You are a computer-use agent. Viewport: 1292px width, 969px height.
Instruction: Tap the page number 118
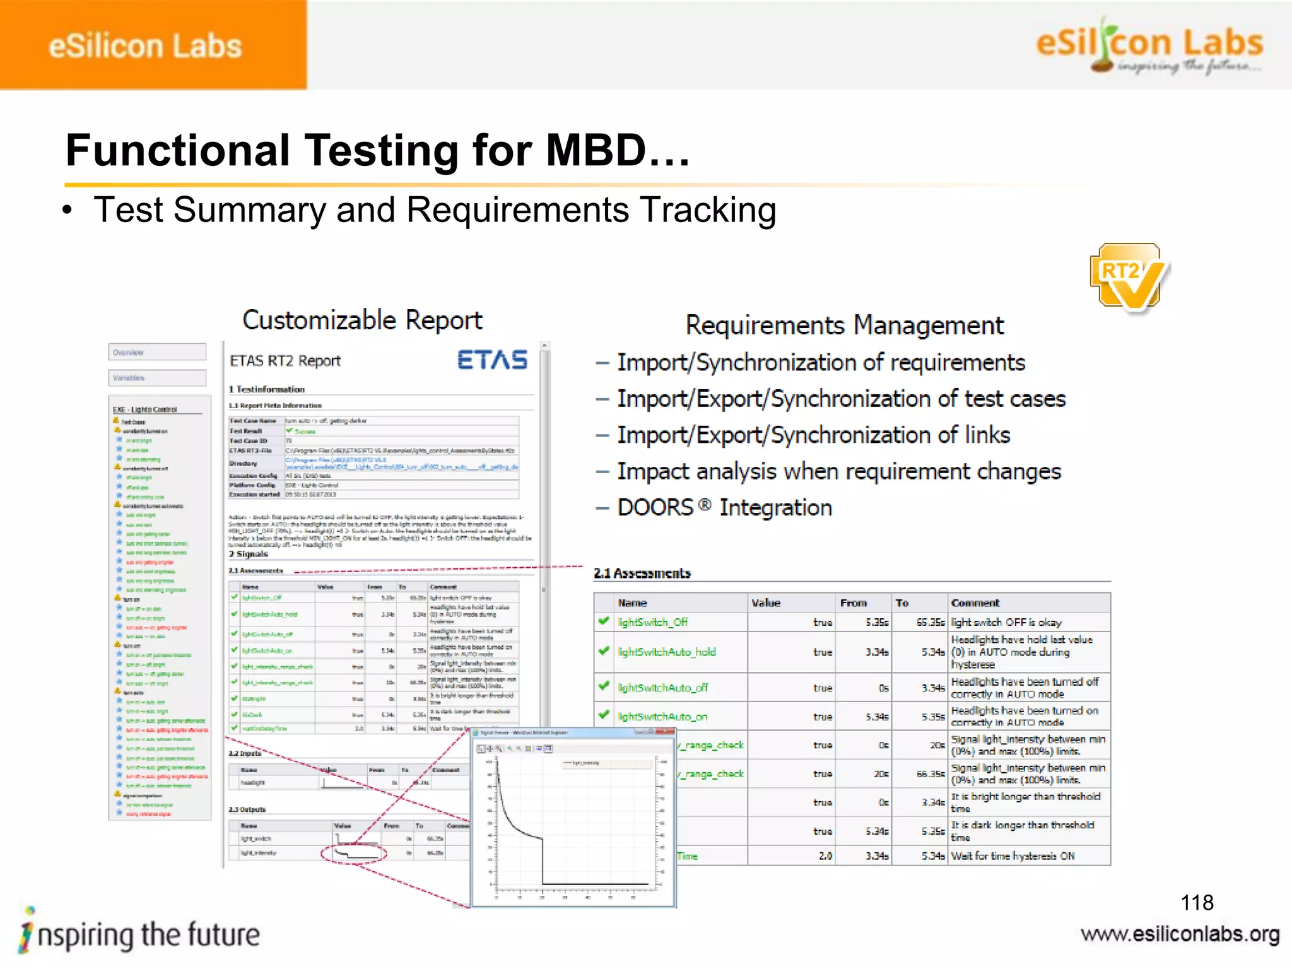1197,902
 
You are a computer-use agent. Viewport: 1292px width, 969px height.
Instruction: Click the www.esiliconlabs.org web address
1180,934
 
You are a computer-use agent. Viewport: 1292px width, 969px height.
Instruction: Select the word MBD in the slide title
596,151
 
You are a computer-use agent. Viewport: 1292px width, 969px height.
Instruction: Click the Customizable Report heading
362,320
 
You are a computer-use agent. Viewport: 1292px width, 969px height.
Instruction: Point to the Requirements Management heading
844,326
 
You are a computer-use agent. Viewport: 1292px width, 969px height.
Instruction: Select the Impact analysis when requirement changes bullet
838,472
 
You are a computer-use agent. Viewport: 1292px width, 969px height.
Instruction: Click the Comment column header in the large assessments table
975,603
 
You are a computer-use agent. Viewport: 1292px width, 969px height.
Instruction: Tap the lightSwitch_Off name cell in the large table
652,623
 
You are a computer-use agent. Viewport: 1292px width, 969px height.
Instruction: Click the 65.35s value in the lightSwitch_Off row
930,623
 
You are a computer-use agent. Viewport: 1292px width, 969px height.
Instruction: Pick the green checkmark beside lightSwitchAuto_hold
604,650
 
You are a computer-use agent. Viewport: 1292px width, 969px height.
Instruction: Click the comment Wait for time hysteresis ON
1012,856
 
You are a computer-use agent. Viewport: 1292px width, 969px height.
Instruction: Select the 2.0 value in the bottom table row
825,856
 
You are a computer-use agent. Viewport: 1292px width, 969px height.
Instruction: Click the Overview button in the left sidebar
157,352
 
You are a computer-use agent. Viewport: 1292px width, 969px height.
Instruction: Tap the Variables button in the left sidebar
157,378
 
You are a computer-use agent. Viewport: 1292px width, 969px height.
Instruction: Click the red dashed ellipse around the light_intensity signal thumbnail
353,854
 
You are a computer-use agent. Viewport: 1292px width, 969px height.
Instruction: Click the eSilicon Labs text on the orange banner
145,46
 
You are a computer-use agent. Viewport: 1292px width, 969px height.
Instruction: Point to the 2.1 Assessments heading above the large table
642,573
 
